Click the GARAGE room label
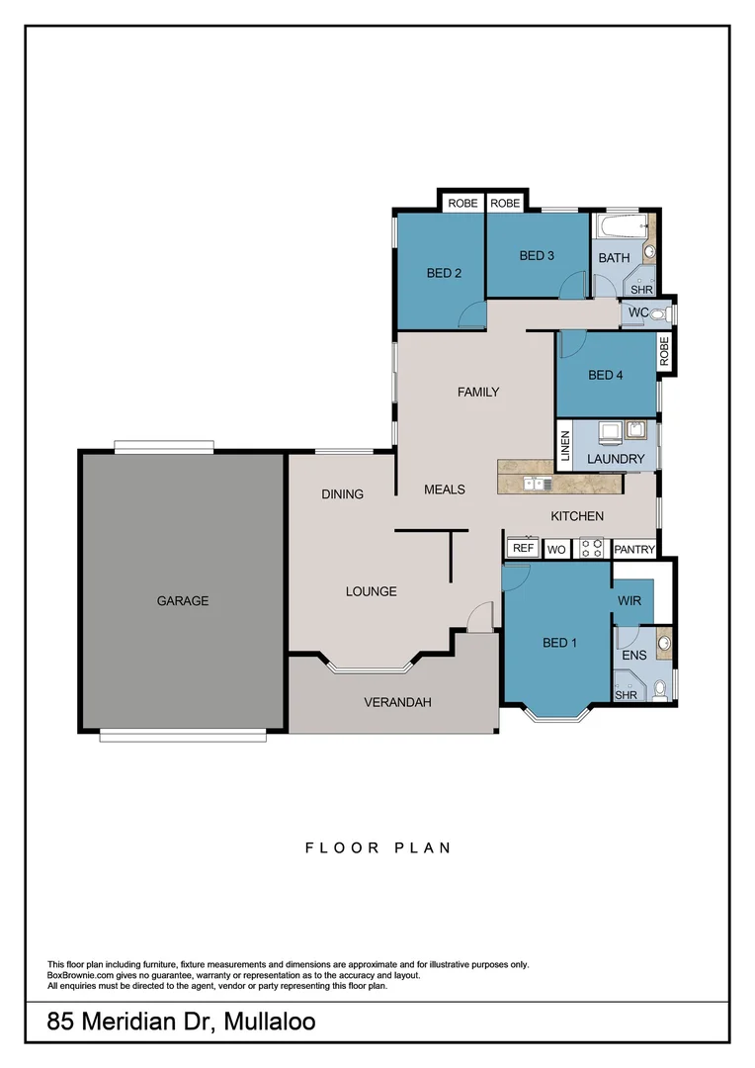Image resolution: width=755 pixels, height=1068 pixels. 183,600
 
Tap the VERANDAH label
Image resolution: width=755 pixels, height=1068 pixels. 397,702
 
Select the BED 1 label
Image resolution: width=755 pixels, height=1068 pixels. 559,643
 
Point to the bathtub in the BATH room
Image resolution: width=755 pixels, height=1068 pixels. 618,228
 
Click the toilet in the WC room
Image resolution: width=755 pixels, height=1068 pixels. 663,313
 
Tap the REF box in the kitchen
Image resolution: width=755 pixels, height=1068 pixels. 523,548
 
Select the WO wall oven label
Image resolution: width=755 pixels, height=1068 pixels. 555,548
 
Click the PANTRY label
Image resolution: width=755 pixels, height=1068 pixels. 634,549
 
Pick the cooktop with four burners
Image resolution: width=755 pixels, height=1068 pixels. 591,547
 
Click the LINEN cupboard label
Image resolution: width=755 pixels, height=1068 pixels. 565,446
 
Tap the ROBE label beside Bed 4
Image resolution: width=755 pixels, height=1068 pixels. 664,353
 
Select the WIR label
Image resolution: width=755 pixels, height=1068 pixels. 630,601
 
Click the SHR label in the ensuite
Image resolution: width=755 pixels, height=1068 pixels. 626,695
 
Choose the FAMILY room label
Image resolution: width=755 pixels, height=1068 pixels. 478,392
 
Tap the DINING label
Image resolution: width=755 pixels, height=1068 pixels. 343,493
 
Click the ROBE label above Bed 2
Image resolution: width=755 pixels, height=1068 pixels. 462,203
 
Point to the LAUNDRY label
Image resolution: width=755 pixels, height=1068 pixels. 616,459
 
